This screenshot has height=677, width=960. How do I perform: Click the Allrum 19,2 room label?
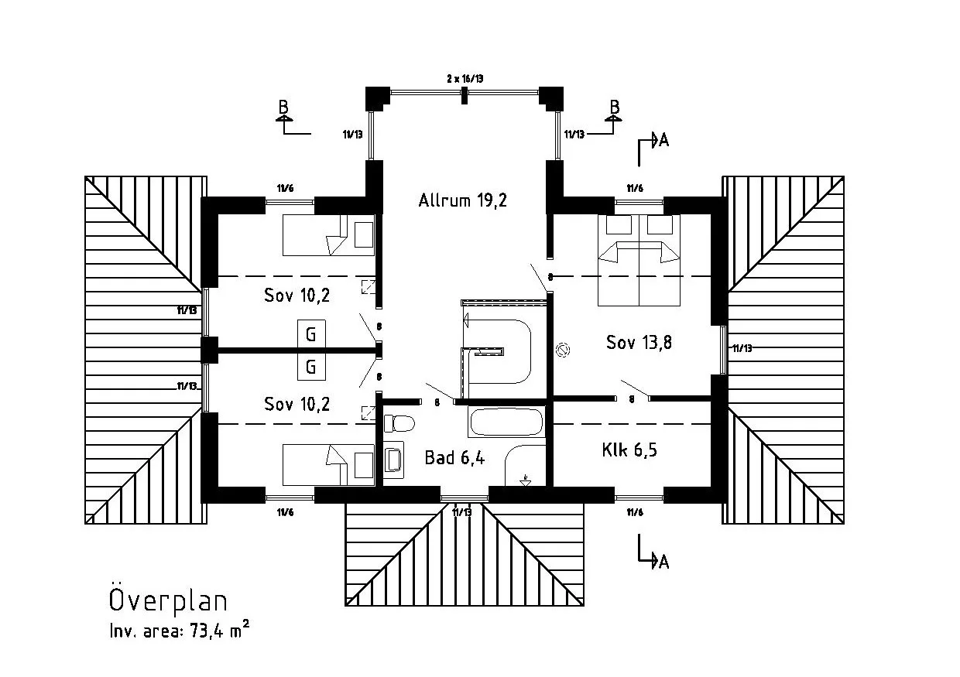[x=463, y=201]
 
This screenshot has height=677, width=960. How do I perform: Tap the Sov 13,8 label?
[x=639, y=343]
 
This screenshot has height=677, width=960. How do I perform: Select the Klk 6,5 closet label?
[x=629, y=450]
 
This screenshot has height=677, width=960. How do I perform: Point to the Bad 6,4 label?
[x=454, y=457]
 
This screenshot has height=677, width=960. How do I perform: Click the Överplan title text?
[x=167, y=601]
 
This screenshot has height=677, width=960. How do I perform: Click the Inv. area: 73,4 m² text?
[x=179, y=631]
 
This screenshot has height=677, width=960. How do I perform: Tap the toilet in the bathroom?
[x=399, y=424]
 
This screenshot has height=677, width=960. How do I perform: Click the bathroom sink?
[x=393, y=457]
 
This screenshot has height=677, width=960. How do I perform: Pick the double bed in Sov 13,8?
[x=639, y=261]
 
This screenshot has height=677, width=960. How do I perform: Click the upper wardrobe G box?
[x=311, y=335]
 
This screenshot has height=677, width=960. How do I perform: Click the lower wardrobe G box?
[x=311, y=367]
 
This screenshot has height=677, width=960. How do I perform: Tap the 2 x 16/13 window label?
[x=465, y=79]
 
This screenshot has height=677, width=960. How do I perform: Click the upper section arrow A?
[x=660, y=140]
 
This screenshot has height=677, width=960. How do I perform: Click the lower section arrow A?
[x=660, y=562]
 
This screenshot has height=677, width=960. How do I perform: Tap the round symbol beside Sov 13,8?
[x=564, y=350]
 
